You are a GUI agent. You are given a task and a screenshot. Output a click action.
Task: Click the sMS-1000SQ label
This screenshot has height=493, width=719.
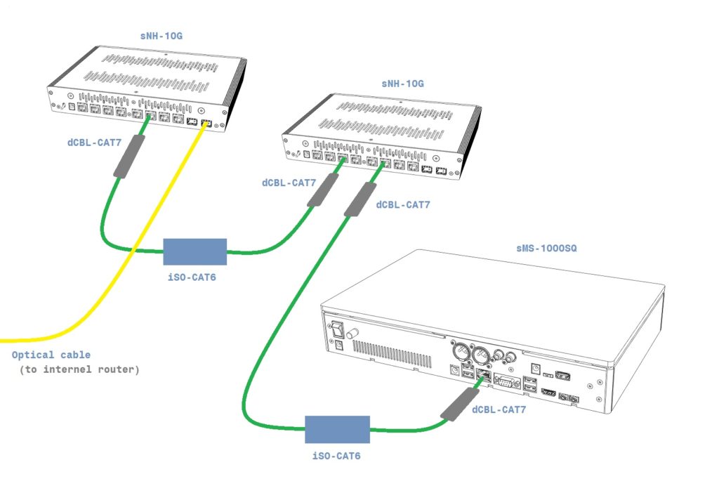[x=547, y=249]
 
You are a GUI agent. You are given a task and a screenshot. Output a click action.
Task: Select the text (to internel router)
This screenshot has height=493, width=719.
[x=79, y=369]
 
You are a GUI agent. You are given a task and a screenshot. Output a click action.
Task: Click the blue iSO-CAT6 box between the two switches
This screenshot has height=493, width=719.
[x=194, y=251]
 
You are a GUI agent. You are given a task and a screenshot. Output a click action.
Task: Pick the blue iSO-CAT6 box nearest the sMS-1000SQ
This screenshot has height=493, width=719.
[x=337, y=429]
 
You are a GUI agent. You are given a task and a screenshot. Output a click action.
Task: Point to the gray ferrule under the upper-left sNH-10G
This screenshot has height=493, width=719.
[x=129, y=156]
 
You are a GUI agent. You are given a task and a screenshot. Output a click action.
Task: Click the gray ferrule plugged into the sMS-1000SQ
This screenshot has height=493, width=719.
[x=457, y=405]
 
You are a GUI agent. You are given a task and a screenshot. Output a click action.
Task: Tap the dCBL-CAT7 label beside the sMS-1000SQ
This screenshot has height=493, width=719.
[x=499, y=410]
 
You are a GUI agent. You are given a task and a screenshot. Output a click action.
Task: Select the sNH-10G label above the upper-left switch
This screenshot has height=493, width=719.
[x=161, y=35]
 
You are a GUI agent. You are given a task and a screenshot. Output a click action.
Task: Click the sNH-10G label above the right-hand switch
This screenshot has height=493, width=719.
[x=402, y=84]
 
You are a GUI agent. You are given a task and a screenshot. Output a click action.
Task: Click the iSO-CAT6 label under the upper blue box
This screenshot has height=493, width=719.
[x=192, y=277]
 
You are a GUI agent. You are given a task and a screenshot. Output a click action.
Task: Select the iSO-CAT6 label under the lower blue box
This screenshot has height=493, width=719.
[x=336, y=456]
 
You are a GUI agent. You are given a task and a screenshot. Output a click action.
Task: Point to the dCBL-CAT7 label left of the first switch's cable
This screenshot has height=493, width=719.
[x=94, y=143]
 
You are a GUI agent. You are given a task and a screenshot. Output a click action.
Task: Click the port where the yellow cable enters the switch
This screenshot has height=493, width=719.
[x=206, y=124]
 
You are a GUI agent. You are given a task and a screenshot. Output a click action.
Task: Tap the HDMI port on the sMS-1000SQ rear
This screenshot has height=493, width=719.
[x=548, y=392]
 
